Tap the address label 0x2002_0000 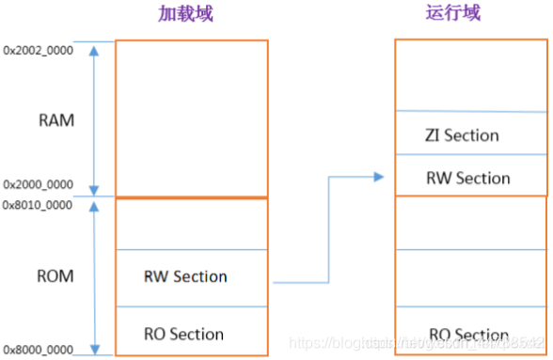click(38, 48)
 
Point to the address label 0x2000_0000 click(38, 185)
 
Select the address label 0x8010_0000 click(38, 204)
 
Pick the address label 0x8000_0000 click(38, 349)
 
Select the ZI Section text click(461, 135)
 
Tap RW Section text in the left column click(185, 276)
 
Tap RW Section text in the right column click(467, 178)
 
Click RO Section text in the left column click(183, 334)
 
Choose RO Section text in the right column click(468, 335)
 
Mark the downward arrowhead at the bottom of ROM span click(94, 347)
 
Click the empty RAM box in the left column click(191, 117)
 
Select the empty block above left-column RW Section click(191, 224)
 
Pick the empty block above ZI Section click(471, 75)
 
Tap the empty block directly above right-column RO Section click(471, 277)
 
